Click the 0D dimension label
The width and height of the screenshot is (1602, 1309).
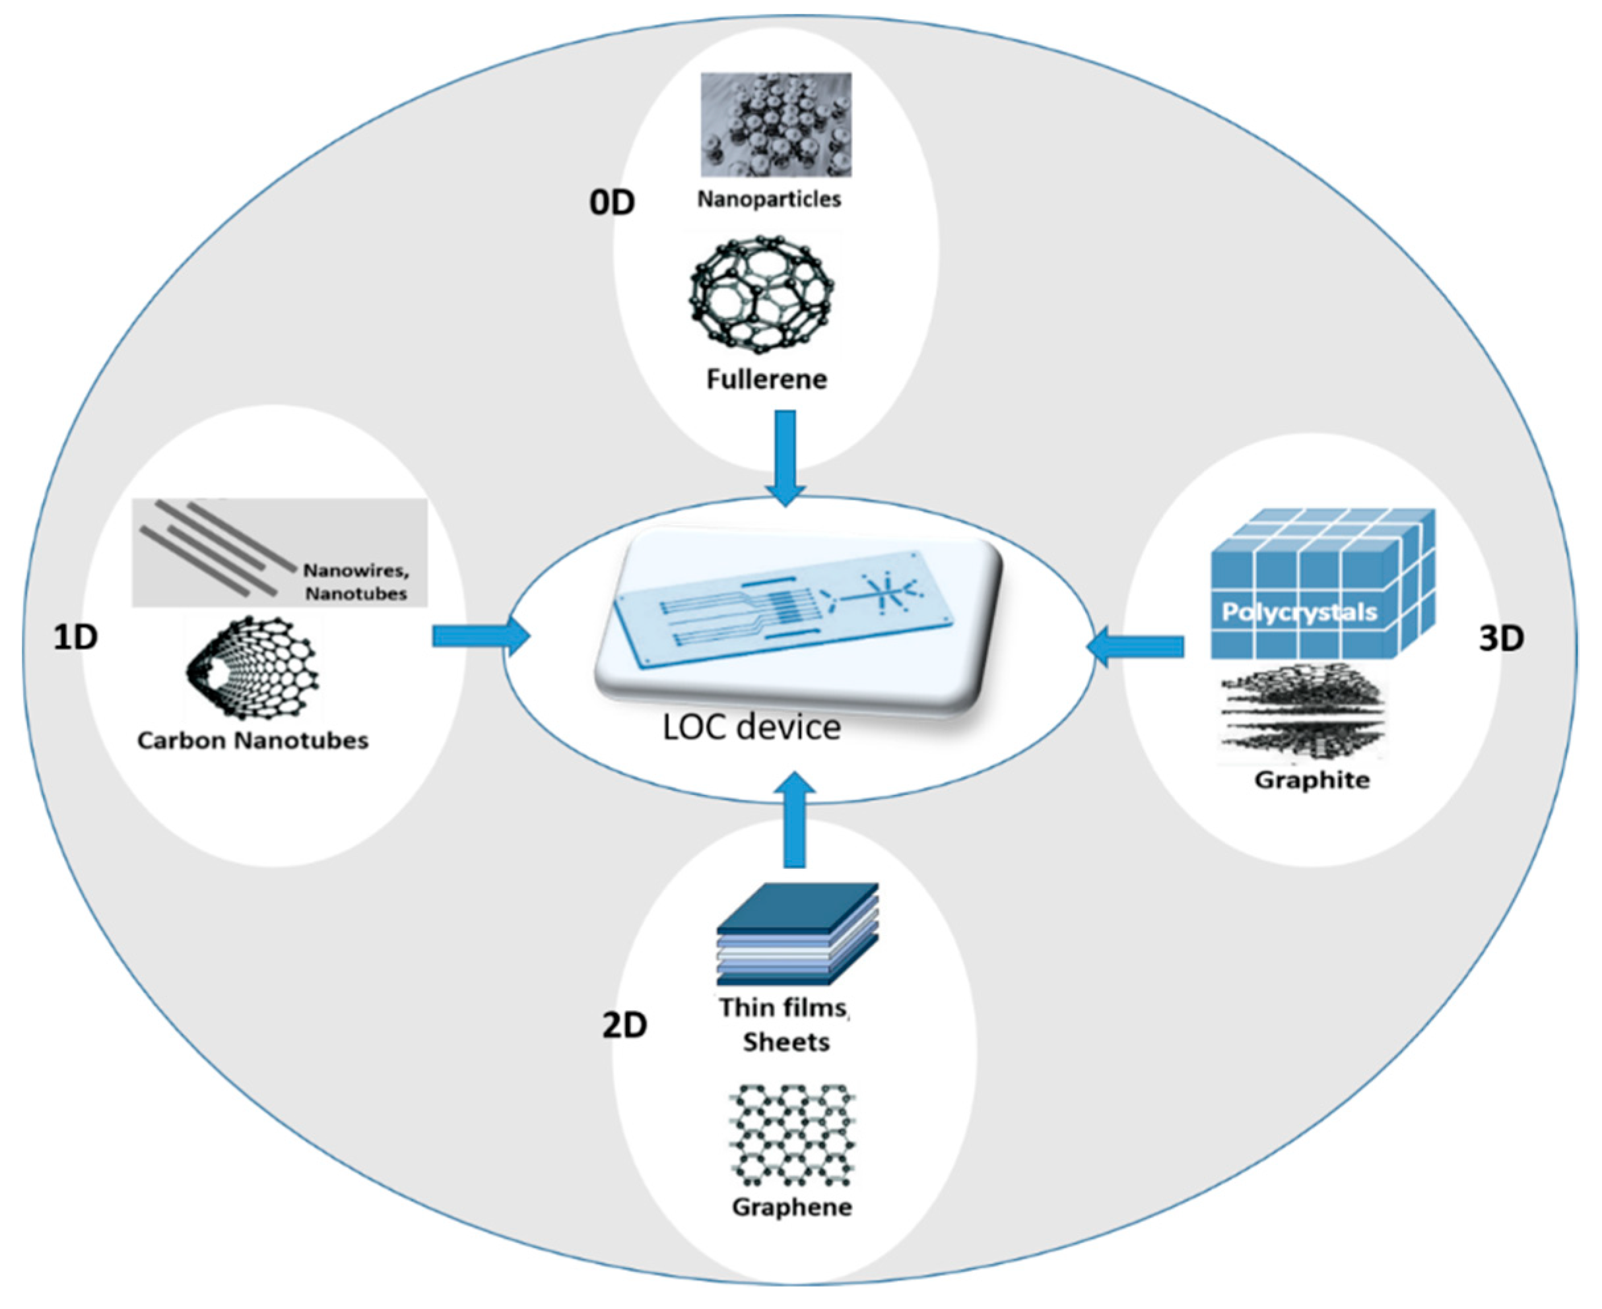(x=612, y=202)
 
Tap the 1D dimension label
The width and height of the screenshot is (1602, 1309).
(x=75, y=638)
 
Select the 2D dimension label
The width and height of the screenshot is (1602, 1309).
(x=624, y=1025)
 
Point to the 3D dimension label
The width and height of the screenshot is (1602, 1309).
(x=1501, y=639)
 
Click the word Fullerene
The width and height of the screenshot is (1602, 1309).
(x=766, y=379)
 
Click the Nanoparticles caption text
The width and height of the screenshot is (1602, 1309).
(x=768, y=199)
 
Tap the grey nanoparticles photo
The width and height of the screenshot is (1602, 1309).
(x=776, y=125)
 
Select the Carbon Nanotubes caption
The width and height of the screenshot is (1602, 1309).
(x=253, y=740)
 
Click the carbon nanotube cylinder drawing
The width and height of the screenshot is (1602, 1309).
(x=253, y=669)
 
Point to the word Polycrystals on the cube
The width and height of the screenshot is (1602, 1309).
(x=1299, y=612)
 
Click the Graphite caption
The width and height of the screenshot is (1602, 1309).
(x=1312, y=780)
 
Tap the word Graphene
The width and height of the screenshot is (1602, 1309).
(x=792, y=1207)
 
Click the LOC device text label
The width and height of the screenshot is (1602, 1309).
(x=751, y=727)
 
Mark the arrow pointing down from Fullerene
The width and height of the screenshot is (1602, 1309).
(x=785, y=456)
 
